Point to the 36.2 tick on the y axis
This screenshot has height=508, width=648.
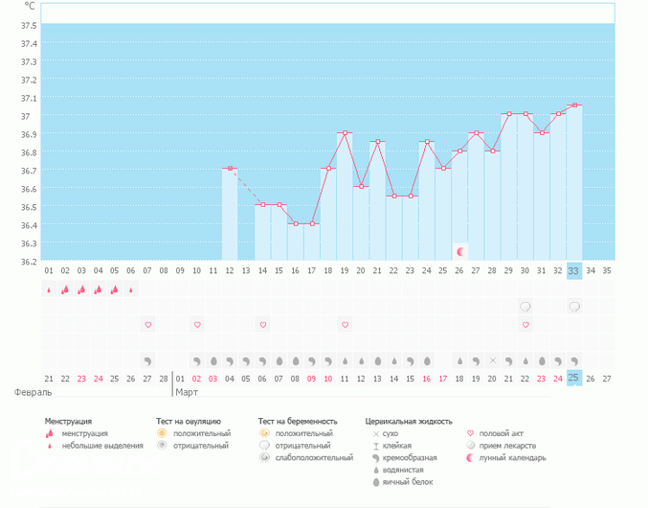pyautogui.click(x=29, y=261)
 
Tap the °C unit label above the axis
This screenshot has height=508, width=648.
pyautogui.click(x=30, y=7)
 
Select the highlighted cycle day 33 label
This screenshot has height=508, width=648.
pyautogui.click(x=574, y=271)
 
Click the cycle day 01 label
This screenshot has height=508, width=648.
pyautogui.click(x=49, y=271)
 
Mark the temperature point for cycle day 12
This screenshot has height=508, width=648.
pyautogui.click(x=230, y=169)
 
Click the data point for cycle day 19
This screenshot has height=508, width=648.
pyautogui.click(x=345, y=133)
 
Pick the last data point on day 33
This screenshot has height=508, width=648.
pyautogui.click(x=574, y=105)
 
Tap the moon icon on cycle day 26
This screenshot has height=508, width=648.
pyautogui.click(x=460, y=251)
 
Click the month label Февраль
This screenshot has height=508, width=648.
pyautogui.click(x=33, y=392)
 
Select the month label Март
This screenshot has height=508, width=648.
pyautogui.click(x=188, y=392)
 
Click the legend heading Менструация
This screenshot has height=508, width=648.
pyautogui.click(x=68, y=421)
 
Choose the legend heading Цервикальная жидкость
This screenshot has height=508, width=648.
pyautogui.click(x=409, y=421)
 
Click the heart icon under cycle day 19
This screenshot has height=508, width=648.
pyautogui.click(x=345, y=325)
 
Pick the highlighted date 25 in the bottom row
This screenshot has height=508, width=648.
pyautogui.click(x=574, y=379)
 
